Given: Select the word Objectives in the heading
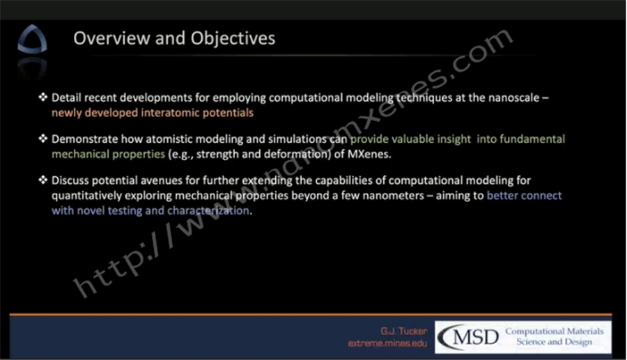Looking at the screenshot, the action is [233, 39].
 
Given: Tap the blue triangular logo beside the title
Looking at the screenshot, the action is [32, 39].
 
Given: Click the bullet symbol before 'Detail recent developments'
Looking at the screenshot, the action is [42, 97].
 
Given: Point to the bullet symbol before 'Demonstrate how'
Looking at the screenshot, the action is [42, 139].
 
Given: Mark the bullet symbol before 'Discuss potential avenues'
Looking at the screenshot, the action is [42, 180].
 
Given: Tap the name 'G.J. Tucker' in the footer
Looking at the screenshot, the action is [404, 331].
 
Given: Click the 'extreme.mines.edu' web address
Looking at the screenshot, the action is [387, 343].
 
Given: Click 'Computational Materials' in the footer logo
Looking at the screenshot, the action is [555, 331].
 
